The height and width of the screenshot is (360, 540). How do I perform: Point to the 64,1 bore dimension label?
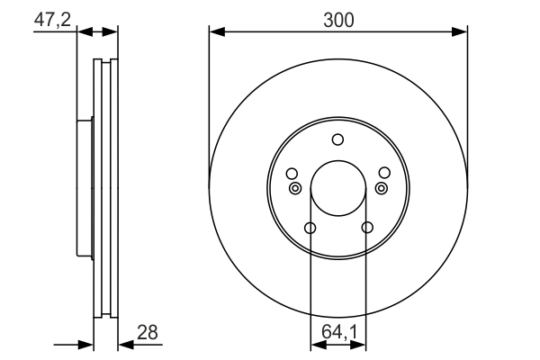click(339, 332)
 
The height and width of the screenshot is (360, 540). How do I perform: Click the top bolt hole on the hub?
click(337, 139)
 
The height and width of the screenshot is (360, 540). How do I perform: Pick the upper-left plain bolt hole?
click(291, 173)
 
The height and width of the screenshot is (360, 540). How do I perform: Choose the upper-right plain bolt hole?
click(384, 173)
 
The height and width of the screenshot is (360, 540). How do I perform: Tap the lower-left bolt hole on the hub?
click(310, 228)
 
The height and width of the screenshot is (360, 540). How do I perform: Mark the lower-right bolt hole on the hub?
click(365, 228)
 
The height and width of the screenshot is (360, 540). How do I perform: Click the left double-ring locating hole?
click(295, 188)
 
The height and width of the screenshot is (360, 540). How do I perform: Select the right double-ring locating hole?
click(381, 188)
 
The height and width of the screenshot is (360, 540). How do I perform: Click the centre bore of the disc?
click(337, 190)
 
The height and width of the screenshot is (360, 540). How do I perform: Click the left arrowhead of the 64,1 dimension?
click(316, 344)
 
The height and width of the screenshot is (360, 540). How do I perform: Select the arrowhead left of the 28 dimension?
click(87, 344)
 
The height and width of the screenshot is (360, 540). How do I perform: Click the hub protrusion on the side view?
click(85, 189)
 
